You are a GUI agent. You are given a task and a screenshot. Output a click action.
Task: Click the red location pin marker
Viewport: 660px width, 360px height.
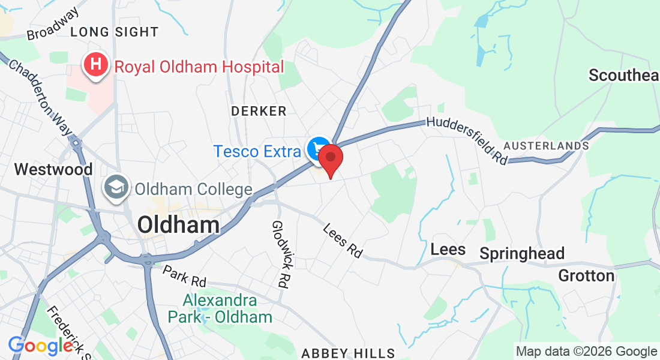click(330, 158)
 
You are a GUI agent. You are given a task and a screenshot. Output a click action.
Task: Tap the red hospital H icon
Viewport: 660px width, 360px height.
click(95, 65)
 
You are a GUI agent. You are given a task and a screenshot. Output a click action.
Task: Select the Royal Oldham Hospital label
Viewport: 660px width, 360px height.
click(199, 67)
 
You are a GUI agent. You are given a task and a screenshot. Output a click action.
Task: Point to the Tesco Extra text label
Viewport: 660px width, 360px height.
click(257, 151)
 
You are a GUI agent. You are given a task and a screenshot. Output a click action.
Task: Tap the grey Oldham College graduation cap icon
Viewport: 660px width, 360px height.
click(115, 188)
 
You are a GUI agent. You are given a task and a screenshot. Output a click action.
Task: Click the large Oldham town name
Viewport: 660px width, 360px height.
click(178, 225)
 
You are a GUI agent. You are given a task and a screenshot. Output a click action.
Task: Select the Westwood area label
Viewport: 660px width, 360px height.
click(53, 169)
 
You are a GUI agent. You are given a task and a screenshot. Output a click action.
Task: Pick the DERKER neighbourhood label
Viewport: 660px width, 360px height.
click(259, 111)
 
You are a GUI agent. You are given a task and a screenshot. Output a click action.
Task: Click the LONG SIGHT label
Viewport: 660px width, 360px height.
click(115, 32)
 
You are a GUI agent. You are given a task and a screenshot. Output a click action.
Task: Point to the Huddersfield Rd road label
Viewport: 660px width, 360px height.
click(467, 140)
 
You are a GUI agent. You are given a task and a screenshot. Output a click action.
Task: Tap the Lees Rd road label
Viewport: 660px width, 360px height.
click(343, 241)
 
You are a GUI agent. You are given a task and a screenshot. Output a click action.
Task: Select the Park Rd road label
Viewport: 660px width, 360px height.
click(184, 275)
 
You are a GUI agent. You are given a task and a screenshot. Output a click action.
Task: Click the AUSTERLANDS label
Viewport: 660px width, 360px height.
click(546, 146)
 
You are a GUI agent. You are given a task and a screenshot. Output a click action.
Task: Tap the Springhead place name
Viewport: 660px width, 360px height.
click(523, 254)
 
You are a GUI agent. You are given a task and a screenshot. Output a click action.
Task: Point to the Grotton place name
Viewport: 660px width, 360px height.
click(586, 275)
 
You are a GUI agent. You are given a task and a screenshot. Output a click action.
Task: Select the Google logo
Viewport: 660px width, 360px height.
click(41, 346)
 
